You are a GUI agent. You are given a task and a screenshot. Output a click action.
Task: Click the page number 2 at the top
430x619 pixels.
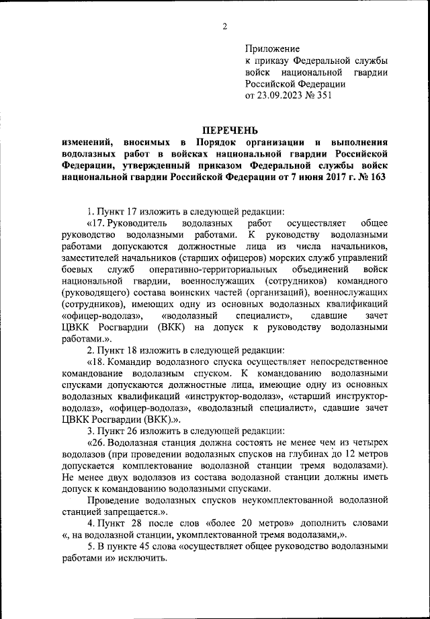(225, 26)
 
